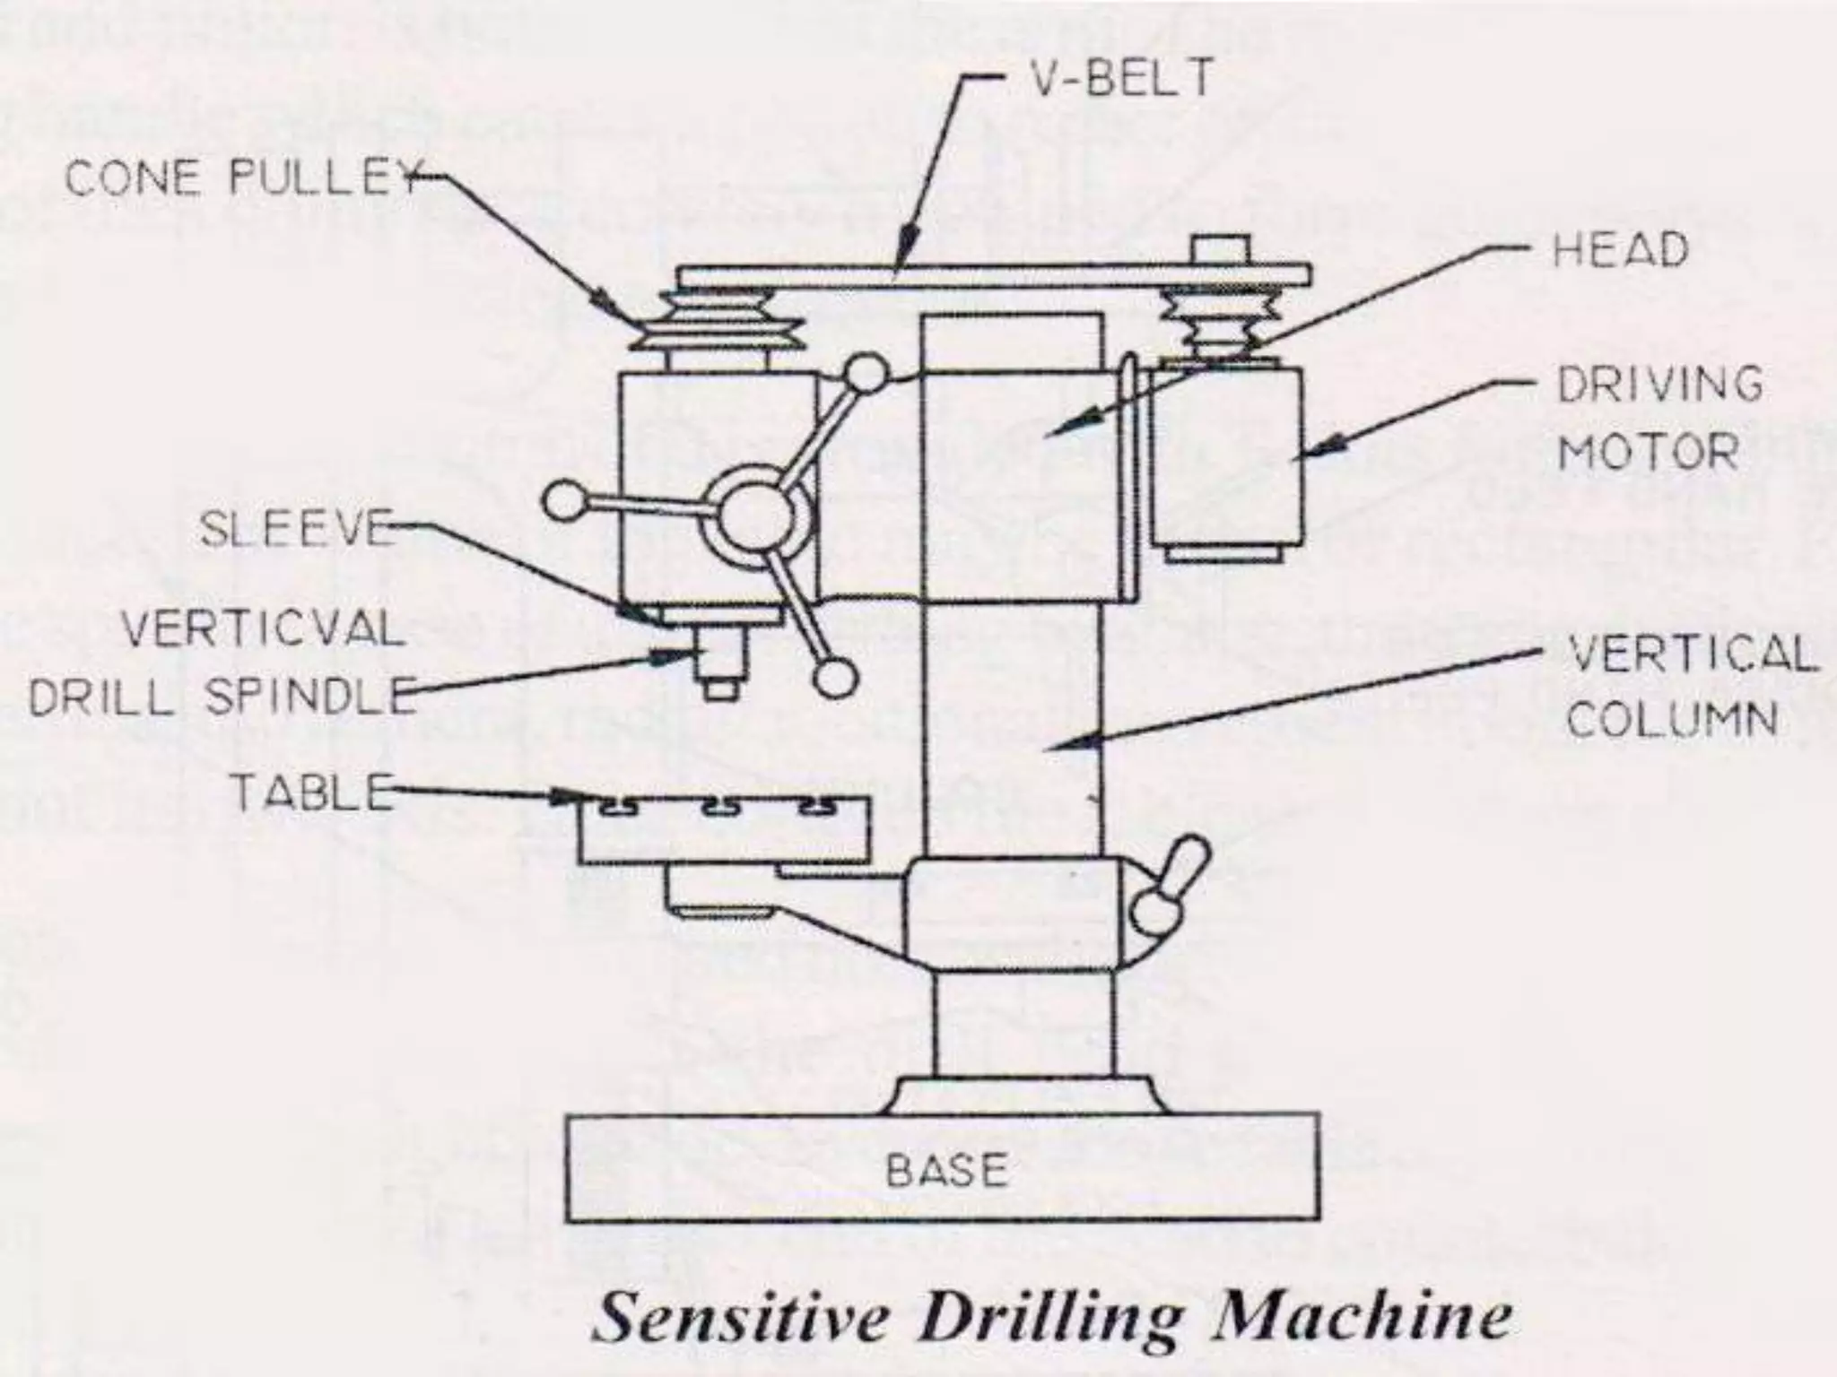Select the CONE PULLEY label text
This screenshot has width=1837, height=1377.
(x=242, y=179)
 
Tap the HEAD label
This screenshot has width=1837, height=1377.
(x=1620, y=250)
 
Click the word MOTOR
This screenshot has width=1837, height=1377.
(x=1648, y=451)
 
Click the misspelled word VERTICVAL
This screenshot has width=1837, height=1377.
(x=263, y=629)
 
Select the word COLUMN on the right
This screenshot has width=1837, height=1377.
(x=1673, y=719)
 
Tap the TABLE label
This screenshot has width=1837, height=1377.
(x=312, y=792)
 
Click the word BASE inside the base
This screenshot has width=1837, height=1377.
(x=946, y=1170)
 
